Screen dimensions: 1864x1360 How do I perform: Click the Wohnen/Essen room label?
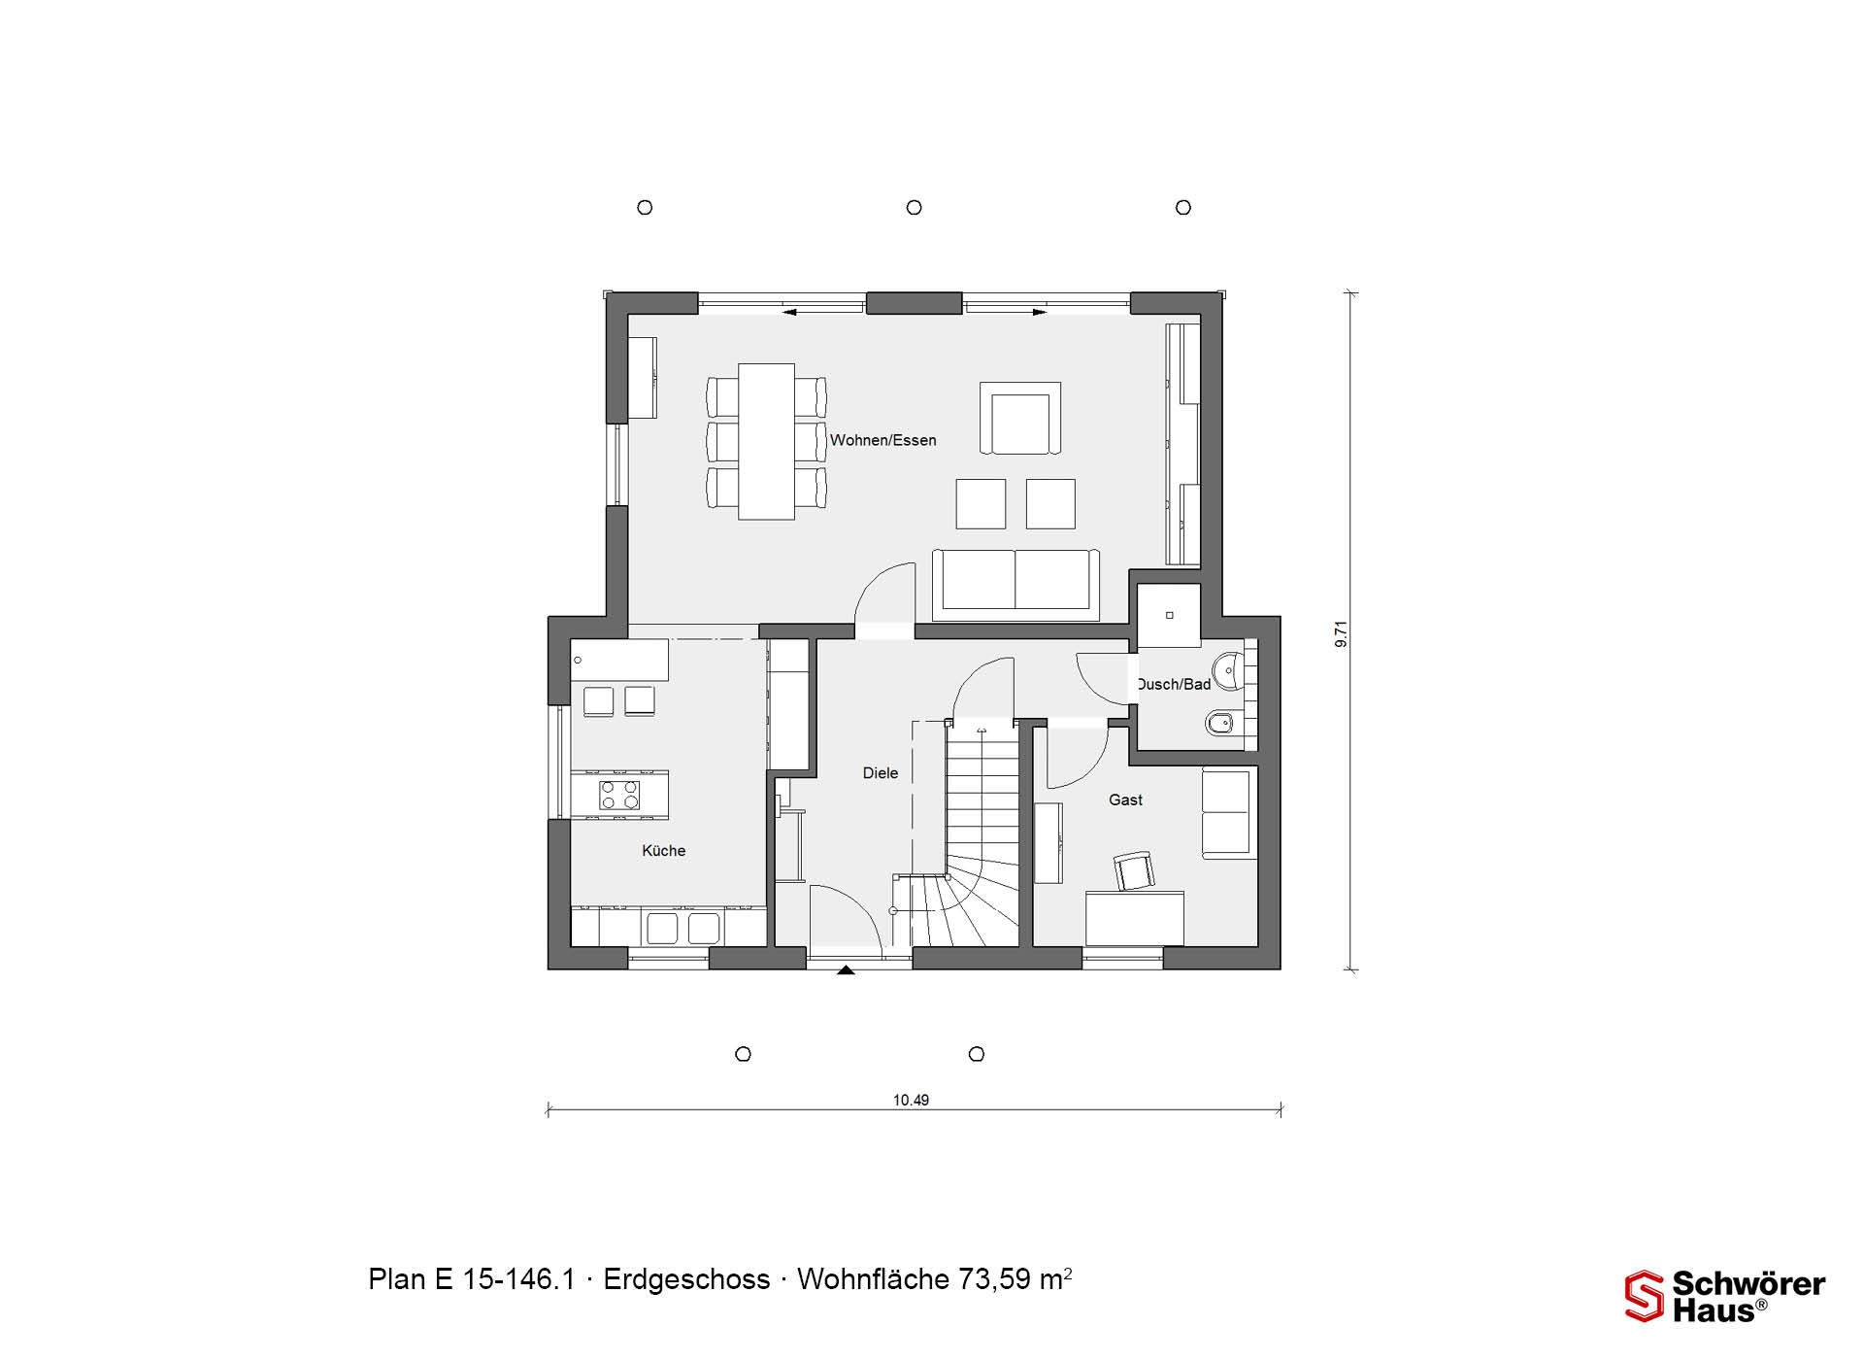point(882,440)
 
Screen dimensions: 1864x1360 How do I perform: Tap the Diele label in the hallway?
point(881,773)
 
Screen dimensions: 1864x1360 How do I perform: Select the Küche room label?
point(664,851)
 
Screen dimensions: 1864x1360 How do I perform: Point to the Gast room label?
point(1125,799)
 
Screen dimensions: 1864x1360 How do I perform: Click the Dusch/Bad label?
point(1174,684)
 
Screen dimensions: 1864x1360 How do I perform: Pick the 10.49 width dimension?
point(911,1101)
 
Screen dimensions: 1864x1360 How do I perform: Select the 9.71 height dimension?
point(1342,634)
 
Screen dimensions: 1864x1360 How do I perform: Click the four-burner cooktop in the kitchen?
point(619,796)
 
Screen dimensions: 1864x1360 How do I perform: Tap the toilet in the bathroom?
point(1221,723)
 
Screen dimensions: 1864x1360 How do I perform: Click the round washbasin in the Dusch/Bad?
point(1229,670)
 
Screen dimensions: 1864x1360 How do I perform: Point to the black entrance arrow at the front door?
point(847,969)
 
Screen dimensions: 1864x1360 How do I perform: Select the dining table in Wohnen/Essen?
point(767,441)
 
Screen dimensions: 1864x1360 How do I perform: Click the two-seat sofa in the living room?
point(1015,585)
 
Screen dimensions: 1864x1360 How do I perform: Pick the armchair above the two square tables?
point(1019,418)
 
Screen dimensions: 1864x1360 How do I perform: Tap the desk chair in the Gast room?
point(1133,871)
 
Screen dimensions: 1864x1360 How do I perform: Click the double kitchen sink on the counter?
point(682,928)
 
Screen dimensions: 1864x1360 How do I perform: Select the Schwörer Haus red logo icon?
point(1644,1296)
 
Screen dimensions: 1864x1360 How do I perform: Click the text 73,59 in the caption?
point(995,1279)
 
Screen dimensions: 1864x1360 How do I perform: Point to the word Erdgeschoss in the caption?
point(686,1279)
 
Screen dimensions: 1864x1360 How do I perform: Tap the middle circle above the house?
point(914,207)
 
